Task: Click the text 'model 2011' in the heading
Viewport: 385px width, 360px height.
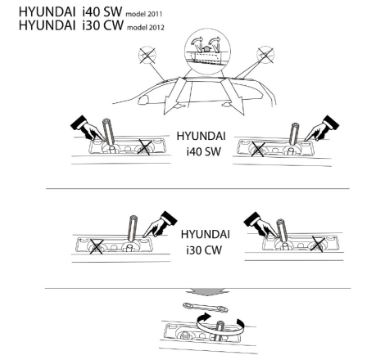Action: click(143, 14)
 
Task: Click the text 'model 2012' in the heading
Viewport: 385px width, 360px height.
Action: click(146, 27)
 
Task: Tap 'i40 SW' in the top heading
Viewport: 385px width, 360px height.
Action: click(102, 11)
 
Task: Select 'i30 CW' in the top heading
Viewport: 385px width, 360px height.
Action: click(103, 25)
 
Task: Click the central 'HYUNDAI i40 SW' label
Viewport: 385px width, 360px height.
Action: click(202, 144)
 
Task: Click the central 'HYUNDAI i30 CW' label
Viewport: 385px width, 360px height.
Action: click(205, 242)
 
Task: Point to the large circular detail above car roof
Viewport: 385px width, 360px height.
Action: click(207, 52)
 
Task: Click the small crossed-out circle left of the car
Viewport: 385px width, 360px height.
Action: click(147, 55)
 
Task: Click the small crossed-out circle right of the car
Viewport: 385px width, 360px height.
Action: click(265, 55)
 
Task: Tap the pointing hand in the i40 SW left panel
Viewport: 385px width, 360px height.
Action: click(87, 128)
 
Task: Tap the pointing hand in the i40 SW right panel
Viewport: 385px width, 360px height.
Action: click(322, 128)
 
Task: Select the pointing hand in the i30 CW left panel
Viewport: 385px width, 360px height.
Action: click(160, 224)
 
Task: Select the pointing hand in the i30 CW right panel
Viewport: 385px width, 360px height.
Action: click(260, 225)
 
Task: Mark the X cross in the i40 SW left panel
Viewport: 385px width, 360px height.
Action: click(144, 147)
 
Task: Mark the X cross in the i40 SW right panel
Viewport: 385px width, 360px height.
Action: click(257, 149)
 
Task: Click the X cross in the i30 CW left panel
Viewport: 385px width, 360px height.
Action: click(96, 246)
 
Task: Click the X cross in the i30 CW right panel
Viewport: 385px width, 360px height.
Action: click(318, 244)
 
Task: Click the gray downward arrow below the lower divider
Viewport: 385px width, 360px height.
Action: click(207, 291)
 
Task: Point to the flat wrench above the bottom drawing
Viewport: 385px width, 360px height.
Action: click(206, 308)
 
